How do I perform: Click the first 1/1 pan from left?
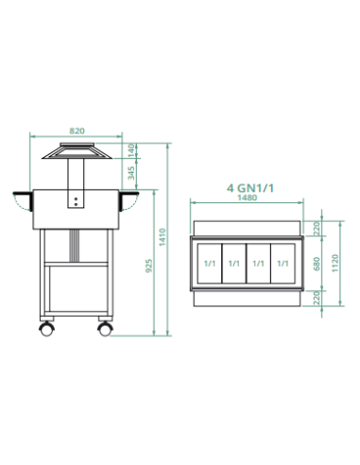click(x=209, y=263)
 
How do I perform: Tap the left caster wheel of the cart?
click(x=45, y=329)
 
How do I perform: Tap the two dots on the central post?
click(x=75, y=200)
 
